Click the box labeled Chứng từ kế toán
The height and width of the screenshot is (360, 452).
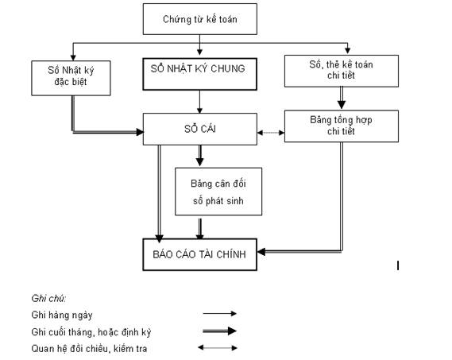(x=199, y=19)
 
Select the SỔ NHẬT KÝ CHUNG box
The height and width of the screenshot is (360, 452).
(x=199, y=74)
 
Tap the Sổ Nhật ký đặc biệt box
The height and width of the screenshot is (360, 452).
(x=71, y=78)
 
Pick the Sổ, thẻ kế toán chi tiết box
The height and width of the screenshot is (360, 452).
(x=342, y=71)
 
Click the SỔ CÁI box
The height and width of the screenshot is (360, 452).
(x=199, y=129)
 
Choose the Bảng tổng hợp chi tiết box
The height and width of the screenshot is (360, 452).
(x=342, y=126)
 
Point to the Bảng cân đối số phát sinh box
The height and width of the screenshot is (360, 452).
(x=218, y=192)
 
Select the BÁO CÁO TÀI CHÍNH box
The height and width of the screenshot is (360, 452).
(x=199, y=254)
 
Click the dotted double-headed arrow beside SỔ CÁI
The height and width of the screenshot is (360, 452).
(x=271, y=133)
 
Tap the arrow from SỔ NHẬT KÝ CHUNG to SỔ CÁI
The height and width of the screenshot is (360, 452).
(x=199, y=102)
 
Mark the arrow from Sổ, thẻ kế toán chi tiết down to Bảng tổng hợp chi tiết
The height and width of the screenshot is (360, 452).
(x=342, y=98)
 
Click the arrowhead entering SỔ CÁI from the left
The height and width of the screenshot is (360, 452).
(x=140, y=132)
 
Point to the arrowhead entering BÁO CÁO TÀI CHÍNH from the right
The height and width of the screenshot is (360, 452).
(x=261, y=252)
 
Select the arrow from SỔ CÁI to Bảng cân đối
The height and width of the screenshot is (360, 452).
(x=199, y=156)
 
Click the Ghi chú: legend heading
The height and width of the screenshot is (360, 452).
(x=48, y=298)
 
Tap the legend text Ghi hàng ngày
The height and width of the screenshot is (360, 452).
(x=62, y=315)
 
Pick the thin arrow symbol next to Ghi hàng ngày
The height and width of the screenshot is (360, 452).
(x=220, y=314)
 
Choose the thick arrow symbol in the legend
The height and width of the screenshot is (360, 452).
(x=220, y=331)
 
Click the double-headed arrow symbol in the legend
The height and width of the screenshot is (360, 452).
(x=218, y=347)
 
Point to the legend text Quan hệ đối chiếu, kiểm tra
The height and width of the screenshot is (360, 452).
(x=89, y=349)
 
